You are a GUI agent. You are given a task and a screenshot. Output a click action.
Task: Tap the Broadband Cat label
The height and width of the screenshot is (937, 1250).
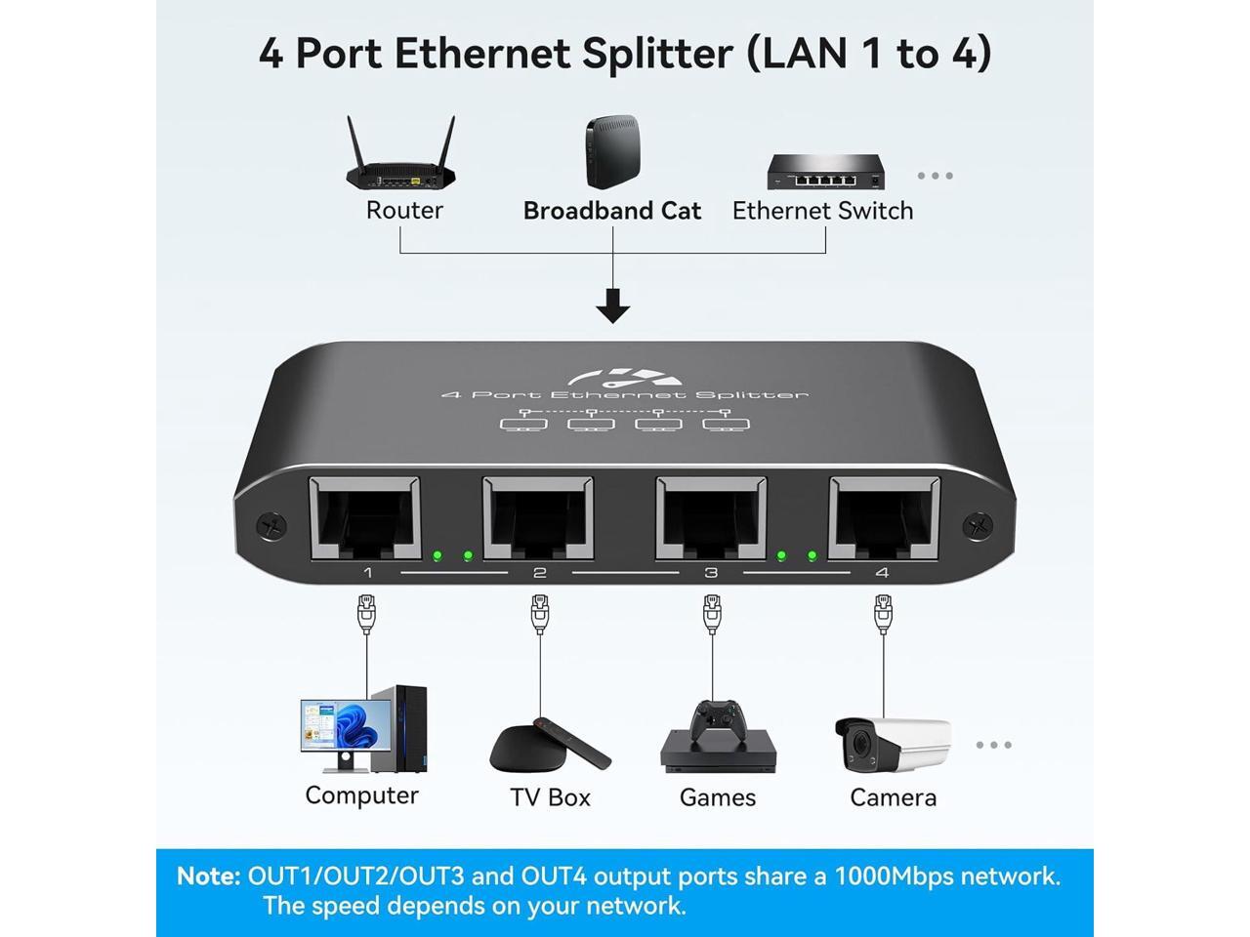tap(611, 211)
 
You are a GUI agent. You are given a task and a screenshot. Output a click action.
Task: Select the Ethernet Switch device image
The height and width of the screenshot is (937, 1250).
tap(825, 172)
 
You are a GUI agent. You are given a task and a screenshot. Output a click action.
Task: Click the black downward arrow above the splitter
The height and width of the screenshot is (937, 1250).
tap(612, 305)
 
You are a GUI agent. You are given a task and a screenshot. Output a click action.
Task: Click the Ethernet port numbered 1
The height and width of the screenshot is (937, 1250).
tap(364, 517)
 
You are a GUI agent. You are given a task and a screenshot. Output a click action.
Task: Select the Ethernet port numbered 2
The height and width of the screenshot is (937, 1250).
tap(538, 517)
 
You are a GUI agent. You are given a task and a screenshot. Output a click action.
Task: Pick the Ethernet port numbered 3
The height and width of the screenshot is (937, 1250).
tap(711, 517)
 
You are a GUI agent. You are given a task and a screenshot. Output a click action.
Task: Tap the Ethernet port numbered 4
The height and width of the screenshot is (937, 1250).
tap(884, 517)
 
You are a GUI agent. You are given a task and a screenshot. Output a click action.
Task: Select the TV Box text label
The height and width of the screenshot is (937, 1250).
tap(550, 797)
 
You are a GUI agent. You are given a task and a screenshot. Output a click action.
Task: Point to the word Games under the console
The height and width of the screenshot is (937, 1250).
tap(718, 797)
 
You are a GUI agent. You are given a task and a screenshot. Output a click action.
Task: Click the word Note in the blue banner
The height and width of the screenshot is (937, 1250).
tap(208, 876)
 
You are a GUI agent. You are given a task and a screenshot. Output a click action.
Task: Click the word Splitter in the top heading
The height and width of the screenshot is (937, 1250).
tap(656, 53)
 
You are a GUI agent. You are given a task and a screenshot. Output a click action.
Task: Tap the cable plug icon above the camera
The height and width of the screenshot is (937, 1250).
tap(883, 615)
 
